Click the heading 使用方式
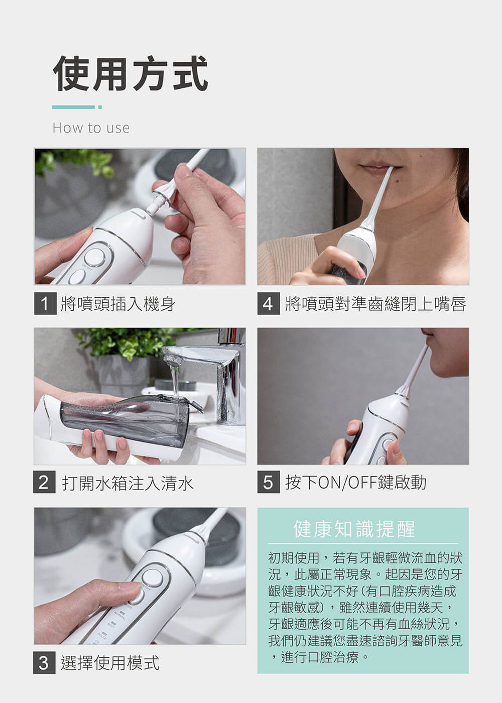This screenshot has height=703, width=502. pos(130,74)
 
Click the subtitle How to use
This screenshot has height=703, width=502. pos(91,128)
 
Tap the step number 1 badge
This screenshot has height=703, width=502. pos(45,303)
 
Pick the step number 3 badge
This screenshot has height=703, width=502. pos(44,662)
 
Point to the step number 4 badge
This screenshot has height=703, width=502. pos(269,303)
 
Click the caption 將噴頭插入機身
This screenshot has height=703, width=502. pos(118,304)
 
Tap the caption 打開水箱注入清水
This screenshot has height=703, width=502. pos(127,483)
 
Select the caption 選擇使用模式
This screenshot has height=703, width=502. pos(110,662)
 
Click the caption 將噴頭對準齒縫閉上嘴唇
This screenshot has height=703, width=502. pos(375,304)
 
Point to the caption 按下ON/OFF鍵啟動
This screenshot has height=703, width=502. pos(355,483)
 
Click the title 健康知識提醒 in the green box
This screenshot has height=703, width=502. pos(354,529)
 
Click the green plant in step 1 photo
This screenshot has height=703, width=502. pos(75,163)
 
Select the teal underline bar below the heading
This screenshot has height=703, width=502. pos(77,107)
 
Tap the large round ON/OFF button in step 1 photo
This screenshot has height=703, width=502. pos(94,258)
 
